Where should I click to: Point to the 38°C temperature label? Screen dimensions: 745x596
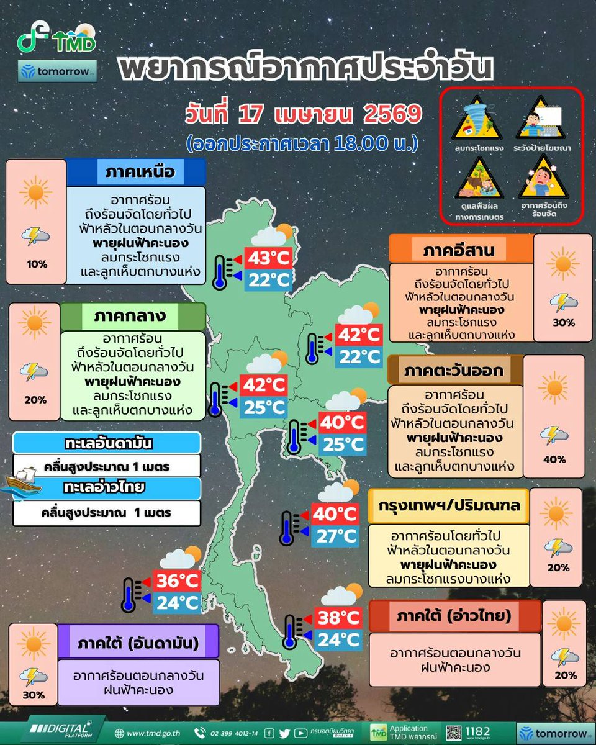coord(339,617)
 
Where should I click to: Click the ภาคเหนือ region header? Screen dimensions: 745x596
coord(135,172)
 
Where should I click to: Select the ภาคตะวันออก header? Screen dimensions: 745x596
coord(454,371)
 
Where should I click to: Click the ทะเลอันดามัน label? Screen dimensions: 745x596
coord(107,443)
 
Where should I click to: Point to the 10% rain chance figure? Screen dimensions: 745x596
coord(37,264)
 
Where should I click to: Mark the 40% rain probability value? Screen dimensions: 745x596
coord(554,459)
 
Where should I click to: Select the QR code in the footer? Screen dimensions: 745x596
coord(455,733)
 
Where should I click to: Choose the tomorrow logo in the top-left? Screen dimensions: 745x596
coord(57,71)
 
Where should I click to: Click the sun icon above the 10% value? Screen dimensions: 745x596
coord(36,192)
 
